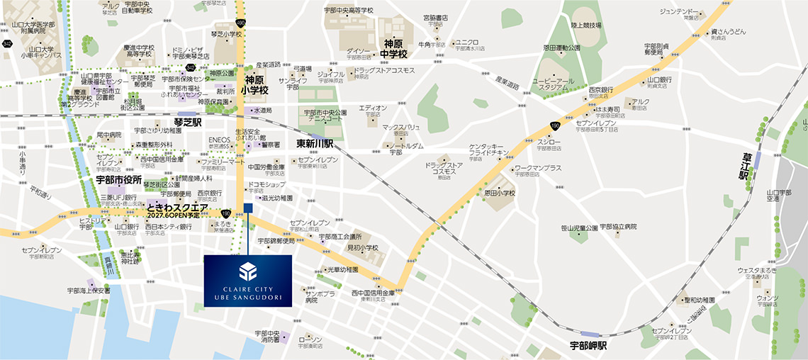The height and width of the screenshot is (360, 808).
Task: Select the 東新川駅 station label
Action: click(x=314, y=144)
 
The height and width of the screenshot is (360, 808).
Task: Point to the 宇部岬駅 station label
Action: click(x=588, y=346)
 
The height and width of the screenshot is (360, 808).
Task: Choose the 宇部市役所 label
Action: click(x=119, y=180)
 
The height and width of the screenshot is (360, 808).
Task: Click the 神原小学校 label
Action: click(x=256, y=86)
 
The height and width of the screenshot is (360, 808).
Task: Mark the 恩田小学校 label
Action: click(x=500, y=192)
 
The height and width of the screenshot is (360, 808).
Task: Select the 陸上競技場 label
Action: click(x=586, y=26)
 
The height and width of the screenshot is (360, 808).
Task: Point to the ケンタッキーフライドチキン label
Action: click(x=488, y=151)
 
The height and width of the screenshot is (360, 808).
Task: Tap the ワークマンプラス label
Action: click(x=538, y=168)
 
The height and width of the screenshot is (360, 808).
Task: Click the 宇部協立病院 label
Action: click(x=618, y=227)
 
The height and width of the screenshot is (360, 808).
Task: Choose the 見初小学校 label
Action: click(x=363, y=247)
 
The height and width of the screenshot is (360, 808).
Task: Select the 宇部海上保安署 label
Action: click(x=89, y=290)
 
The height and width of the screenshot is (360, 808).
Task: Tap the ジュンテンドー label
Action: click(x=680, y=12)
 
